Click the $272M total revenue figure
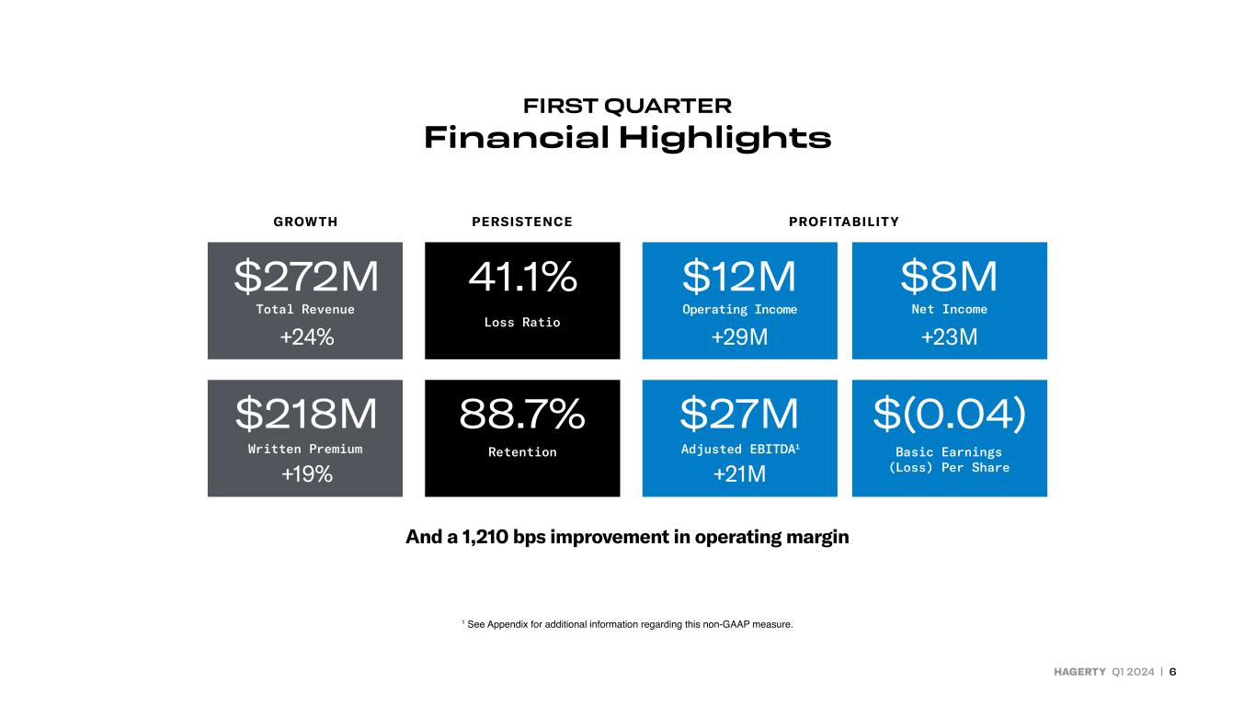[306, 276]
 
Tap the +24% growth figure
[306, 336]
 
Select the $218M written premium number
[306, 414]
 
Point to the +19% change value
[306, 474]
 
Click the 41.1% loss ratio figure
[522, 276]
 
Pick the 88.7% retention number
[522, 414]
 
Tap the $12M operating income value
[739, 276]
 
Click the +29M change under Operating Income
[739, 336]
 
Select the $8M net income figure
[949, 276]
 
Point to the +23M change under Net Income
[949, 336]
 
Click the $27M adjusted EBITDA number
[739, 414]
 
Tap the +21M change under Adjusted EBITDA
[739, 474]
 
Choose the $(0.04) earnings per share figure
[949, 414]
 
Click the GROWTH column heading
[305, 222]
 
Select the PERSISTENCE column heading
[522, 222]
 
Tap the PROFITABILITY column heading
[844, 222]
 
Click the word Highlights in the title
[725, 138]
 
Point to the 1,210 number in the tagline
[485, 537]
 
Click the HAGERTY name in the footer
[1079, 672]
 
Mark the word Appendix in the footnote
[508, 625]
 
